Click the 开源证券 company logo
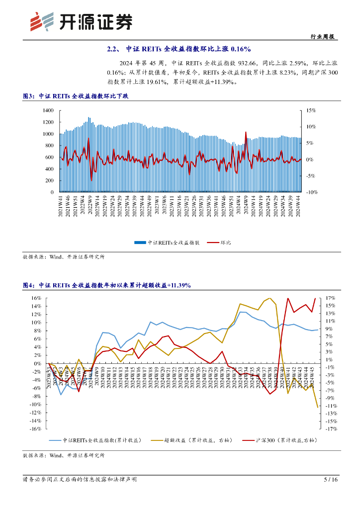[x=82, y=20]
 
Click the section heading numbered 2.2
[x=180, y=49]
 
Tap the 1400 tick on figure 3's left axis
[x=48, y=110]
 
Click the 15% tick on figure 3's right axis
[x=310, y=110]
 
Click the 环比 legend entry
[x=224, y=243]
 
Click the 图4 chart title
[x=107, y=285]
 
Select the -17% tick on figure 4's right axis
[x=331, y=429]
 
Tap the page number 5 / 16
[x=331, y=480]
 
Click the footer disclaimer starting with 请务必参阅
[x=80, y=480]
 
